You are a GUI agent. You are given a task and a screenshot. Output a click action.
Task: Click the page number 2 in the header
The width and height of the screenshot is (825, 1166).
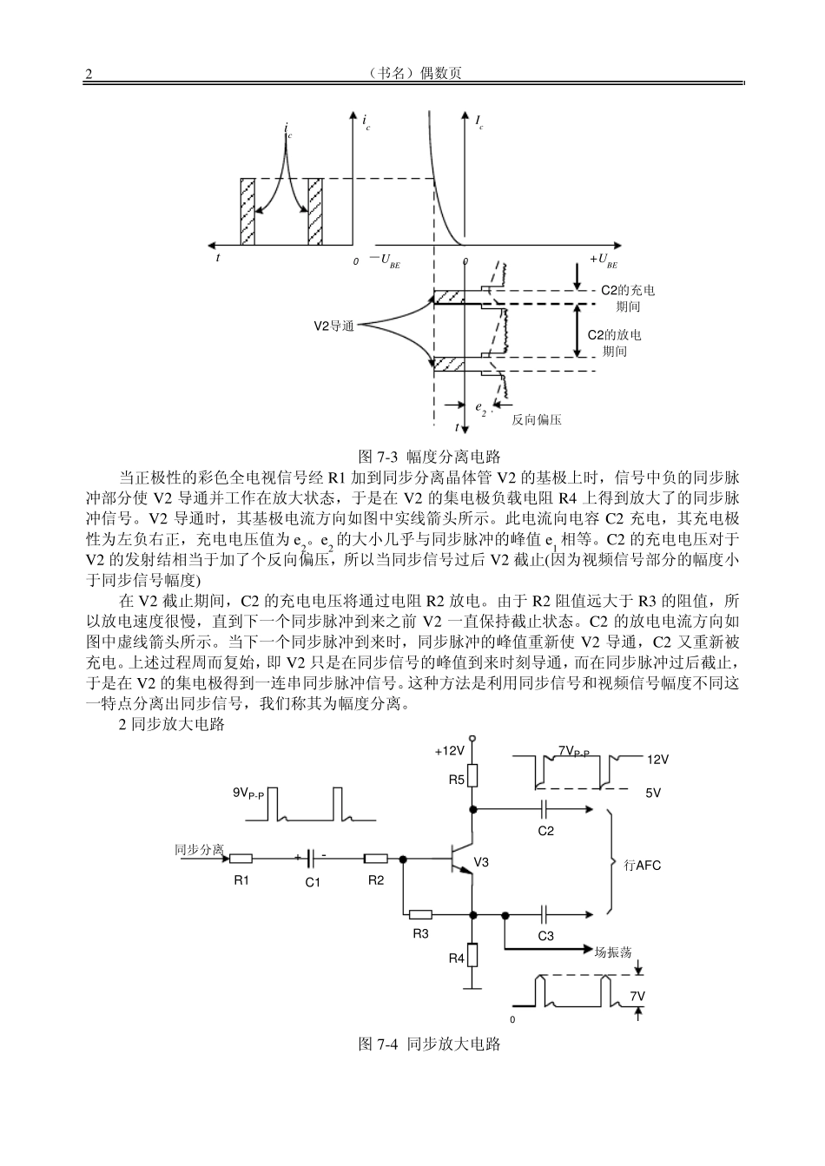coord(88,74)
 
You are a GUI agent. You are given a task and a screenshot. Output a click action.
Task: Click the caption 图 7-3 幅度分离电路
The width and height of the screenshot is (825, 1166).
coord(429,456)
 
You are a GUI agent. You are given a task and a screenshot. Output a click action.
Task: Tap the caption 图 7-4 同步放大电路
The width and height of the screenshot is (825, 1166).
coord(430,1044)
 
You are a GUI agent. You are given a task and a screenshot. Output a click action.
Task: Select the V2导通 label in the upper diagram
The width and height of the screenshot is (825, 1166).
coord(333,326)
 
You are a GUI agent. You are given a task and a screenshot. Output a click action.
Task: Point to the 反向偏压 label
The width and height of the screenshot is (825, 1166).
coord(537,419)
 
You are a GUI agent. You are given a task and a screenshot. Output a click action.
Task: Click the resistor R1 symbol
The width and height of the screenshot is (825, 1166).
coord(241,860)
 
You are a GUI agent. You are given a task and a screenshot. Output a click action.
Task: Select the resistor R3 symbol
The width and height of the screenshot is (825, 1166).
coord(420,913)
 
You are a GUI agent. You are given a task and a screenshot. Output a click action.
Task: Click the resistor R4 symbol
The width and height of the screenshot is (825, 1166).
coord(473,955)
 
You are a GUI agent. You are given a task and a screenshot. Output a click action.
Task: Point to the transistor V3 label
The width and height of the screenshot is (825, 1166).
coord(481,862)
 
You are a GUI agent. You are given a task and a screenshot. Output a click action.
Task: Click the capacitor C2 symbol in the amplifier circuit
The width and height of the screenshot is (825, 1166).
coord(544,809)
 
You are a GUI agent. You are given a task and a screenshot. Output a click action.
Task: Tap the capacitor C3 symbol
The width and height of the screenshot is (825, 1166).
coord(544,913)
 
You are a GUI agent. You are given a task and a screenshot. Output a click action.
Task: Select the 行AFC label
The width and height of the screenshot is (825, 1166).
coord(643,866)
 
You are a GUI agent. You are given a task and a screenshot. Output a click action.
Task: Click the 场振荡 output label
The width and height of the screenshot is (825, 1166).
coord(613,951)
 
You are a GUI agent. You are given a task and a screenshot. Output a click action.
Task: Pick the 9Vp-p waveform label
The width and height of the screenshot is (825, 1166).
coord(248,793)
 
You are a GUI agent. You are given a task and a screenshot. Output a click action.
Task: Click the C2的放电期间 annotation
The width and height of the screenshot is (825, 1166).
coord(615,343)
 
